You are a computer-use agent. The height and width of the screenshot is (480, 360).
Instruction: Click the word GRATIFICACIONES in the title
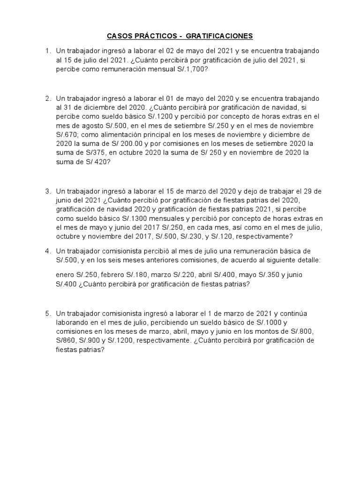coord(219,36)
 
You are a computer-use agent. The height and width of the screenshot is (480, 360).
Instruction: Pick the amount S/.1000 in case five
coord(270,322)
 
